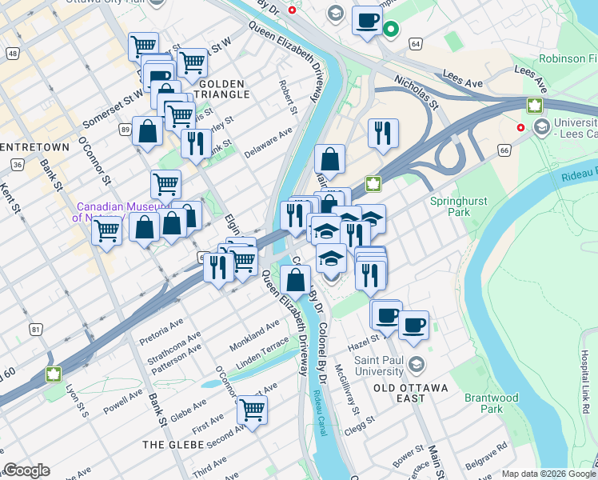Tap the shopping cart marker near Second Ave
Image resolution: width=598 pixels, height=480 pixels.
coord(252,410)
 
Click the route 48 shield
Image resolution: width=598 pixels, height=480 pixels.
coord(12,54)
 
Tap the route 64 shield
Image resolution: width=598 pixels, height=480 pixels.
coord(415,44)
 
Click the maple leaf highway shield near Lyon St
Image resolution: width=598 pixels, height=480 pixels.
coord(54,374)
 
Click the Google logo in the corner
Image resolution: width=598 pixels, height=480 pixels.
coord(26,470)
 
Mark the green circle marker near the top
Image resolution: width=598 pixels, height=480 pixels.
coord(391,30)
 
